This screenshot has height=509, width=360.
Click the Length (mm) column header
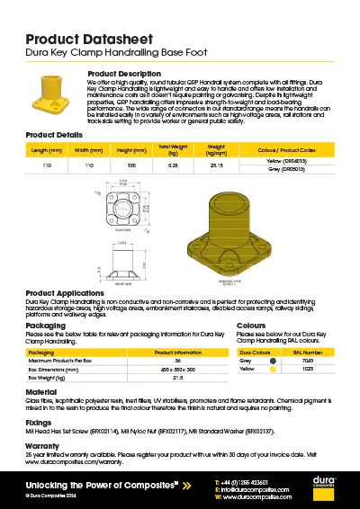pyautogui.click(x=46, y=150)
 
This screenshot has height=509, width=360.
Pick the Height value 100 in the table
pyautogui.click(x=131, y=166)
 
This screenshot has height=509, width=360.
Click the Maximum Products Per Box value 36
pyautogui.click(x=177, y=361)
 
